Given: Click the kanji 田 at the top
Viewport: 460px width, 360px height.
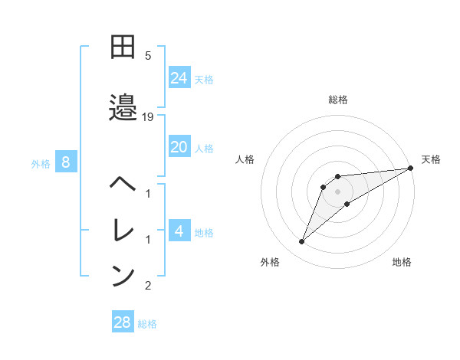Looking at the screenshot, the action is coord(123,47).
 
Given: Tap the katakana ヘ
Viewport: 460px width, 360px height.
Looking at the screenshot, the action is coord(123,185).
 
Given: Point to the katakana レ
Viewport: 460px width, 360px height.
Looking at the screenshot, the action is coord(123,231).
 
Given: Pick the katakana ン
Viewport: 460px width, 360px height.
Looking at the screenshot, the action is coord(123,276).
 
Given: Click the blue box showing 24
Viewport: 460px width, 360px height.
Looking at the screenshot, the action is coord(179,77).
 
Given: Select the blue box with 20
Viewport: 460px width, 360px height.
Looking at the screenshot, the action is coord(179,147).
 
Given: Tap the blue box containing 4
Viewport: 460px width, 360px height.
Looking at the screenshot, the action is coord(179,231).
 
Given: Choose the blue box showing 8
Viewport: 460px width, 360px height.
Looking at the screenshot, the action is coord(67,162).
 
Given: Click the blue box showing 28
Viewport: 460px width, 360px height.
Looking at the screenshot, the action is coord(123,322).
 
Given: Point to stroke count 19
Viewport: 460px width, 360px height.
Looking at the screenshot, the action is coord(148,116).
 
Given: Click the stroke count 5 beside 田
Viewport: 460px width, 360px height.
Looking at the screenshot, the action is coord(148,55).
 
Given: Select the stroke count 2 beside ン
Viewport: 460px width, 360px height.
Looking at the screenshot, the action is coord(148,286).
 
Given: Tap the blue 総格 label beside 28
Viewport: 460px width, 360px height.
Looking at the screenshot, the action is coord(147,324).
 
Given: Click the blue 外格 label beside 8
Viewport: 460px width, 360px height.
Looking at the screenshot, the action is coord(41,163).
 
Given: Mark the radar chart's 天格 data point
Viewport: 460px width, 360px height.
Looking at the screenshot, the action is coord(410,168).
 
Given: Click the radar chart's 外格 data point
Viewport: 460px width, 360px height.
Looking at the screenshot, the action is coord(302,242).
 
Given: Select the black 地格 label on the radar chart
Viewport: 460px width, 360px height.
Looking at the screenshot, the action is coord(402,262).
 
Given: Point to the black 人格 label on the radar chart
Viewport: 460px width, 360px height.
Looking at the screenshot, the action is coord(245,159).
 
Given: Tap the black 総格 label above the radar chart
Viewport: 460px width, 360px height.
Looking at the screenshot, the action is coord(337,100).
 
